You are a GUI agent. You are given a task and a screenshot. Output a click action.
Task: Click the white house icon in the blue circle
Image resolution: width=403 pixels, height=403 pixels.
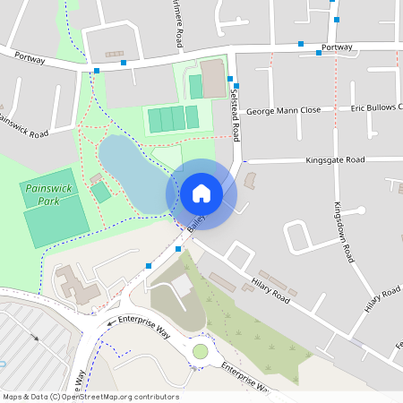201,193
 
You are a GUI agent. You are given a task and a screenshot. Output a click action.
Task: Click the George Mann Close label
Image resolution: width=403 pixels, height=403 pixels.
284,109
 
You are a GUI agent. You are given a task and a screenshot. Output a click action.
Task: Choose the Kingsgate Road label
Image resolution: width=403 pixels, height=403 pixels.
335,159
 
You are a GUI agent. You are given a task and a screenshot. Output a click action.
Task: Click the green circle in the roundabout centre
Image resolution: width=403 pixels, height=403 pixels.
200,351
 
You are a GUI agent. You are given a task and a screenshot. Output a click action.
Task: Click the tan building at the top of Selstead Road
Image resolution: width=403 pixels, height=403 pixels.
214,79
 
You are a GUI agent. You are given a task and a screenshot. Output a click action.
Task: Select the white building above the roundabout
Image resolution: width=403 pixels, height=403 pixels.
182,286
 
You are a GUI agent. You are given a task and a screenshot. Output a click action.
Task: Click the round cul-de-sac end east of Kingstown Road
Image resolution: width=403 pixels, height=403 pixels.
361,211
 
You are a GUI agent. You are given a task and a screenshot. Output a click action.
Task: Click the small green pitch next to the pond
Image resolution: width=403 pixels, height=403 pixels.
101,192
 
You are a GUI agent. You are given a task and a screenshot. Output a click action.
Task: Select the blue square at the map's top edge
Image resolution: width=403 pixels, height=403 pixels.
337,19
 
